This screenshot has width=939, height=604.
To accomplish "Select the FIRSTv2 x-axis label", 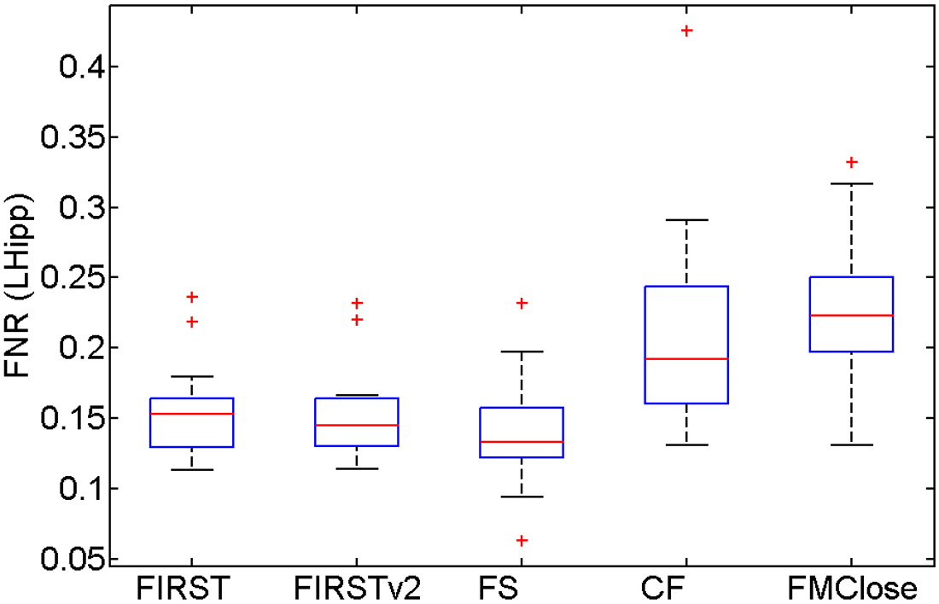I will pos(357,589).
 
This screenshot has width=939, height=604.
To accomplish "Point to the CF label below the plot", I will pos(686,589).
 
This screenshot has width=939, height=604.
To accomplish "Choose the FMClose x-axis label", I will pos(851,589).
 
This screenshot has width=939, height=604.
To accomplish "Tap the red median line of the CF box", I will pos(686,359).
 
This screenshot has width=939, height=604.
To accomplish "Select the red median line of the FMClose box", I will pos(851,316).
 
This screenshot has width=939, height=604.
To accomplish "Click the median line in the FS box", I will pos(522,442).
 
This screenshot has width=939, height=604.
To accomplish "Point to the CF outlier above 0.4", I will pos(686,31).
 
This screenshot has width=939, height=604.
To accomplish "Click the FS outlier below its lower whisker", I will pos(522,540).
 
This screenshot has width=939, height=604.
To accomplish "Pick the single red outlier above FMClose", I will pos(851,162).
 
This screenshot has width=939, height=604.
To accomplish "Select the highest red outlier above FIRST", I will pos(192,297).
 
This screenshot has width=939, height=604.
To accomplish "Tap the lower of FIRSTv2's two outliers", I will pos(357,320).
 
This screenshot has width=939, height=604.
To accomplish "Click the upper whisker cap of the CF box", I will pos(686,220).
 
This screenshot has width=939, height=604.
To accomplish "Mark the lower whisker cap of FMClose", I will pos(851,444).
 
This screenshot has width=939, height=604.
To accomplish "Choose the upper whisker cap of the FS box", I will pos(522,351).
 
